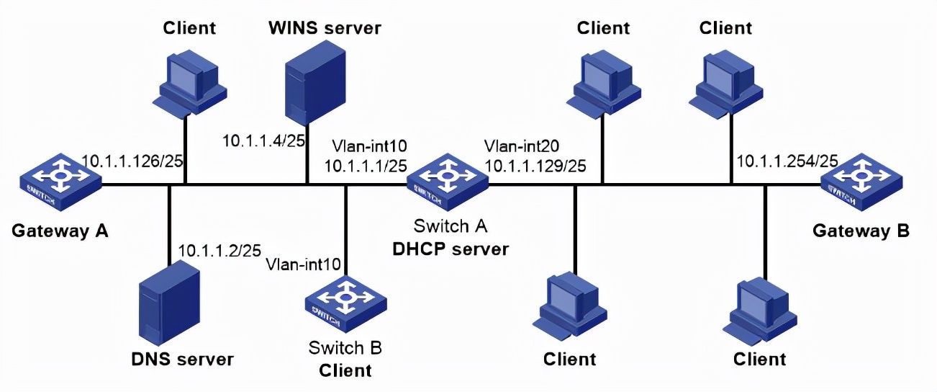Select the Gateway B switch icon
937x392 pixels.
click(861, 182)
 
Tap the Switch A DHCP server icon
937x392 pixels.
click(446, 182)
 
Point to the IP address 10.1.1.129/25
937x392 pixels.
click(535, 166)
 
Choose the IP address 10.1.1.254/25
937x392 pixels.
click(787, 161)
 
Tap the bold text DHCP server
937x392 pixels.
click(450, 249)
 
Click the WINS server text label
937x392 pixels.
click(325, 28)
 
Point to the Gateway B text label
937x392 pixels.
click(861, 231)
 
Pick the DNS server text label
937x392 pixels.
click(182, 358)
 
